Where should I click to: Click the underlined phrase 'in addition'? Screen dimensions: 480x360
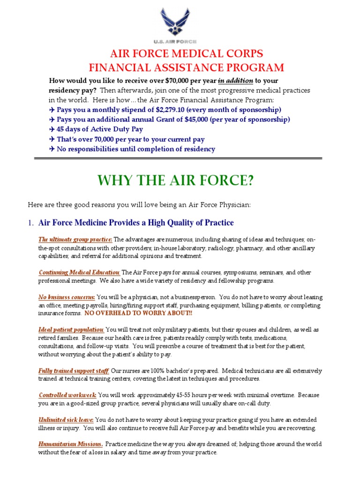click(236, 81)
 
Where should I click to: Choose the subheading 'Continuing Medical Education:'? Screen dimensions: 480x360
click(79, 272)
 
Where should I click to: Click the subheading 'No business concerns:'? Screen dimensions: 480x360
click(67, 297)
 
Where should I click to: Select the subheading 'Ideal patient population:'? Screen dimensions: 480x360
click(71, 330)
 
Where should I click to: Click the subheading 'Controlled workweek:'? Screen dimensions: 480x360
click(67, 395)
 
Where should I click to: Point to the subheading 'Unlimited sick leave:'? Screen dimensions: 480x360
click(66, 420)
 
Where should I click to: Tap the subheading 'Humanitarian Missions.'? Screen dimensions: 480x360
click(71, 444)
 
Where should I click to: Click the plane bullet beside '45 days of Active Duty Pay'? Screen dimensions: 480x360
click(52, 129)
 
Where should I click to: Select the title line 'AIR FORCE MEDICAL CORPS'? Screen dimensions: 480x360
click(180, 53)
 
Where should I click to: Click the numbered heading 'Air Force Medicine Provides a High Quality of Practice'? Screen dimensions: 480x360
click(135, 223)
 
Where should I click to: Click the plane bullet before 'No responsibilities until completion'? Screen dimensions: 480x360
click(52, 149)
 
